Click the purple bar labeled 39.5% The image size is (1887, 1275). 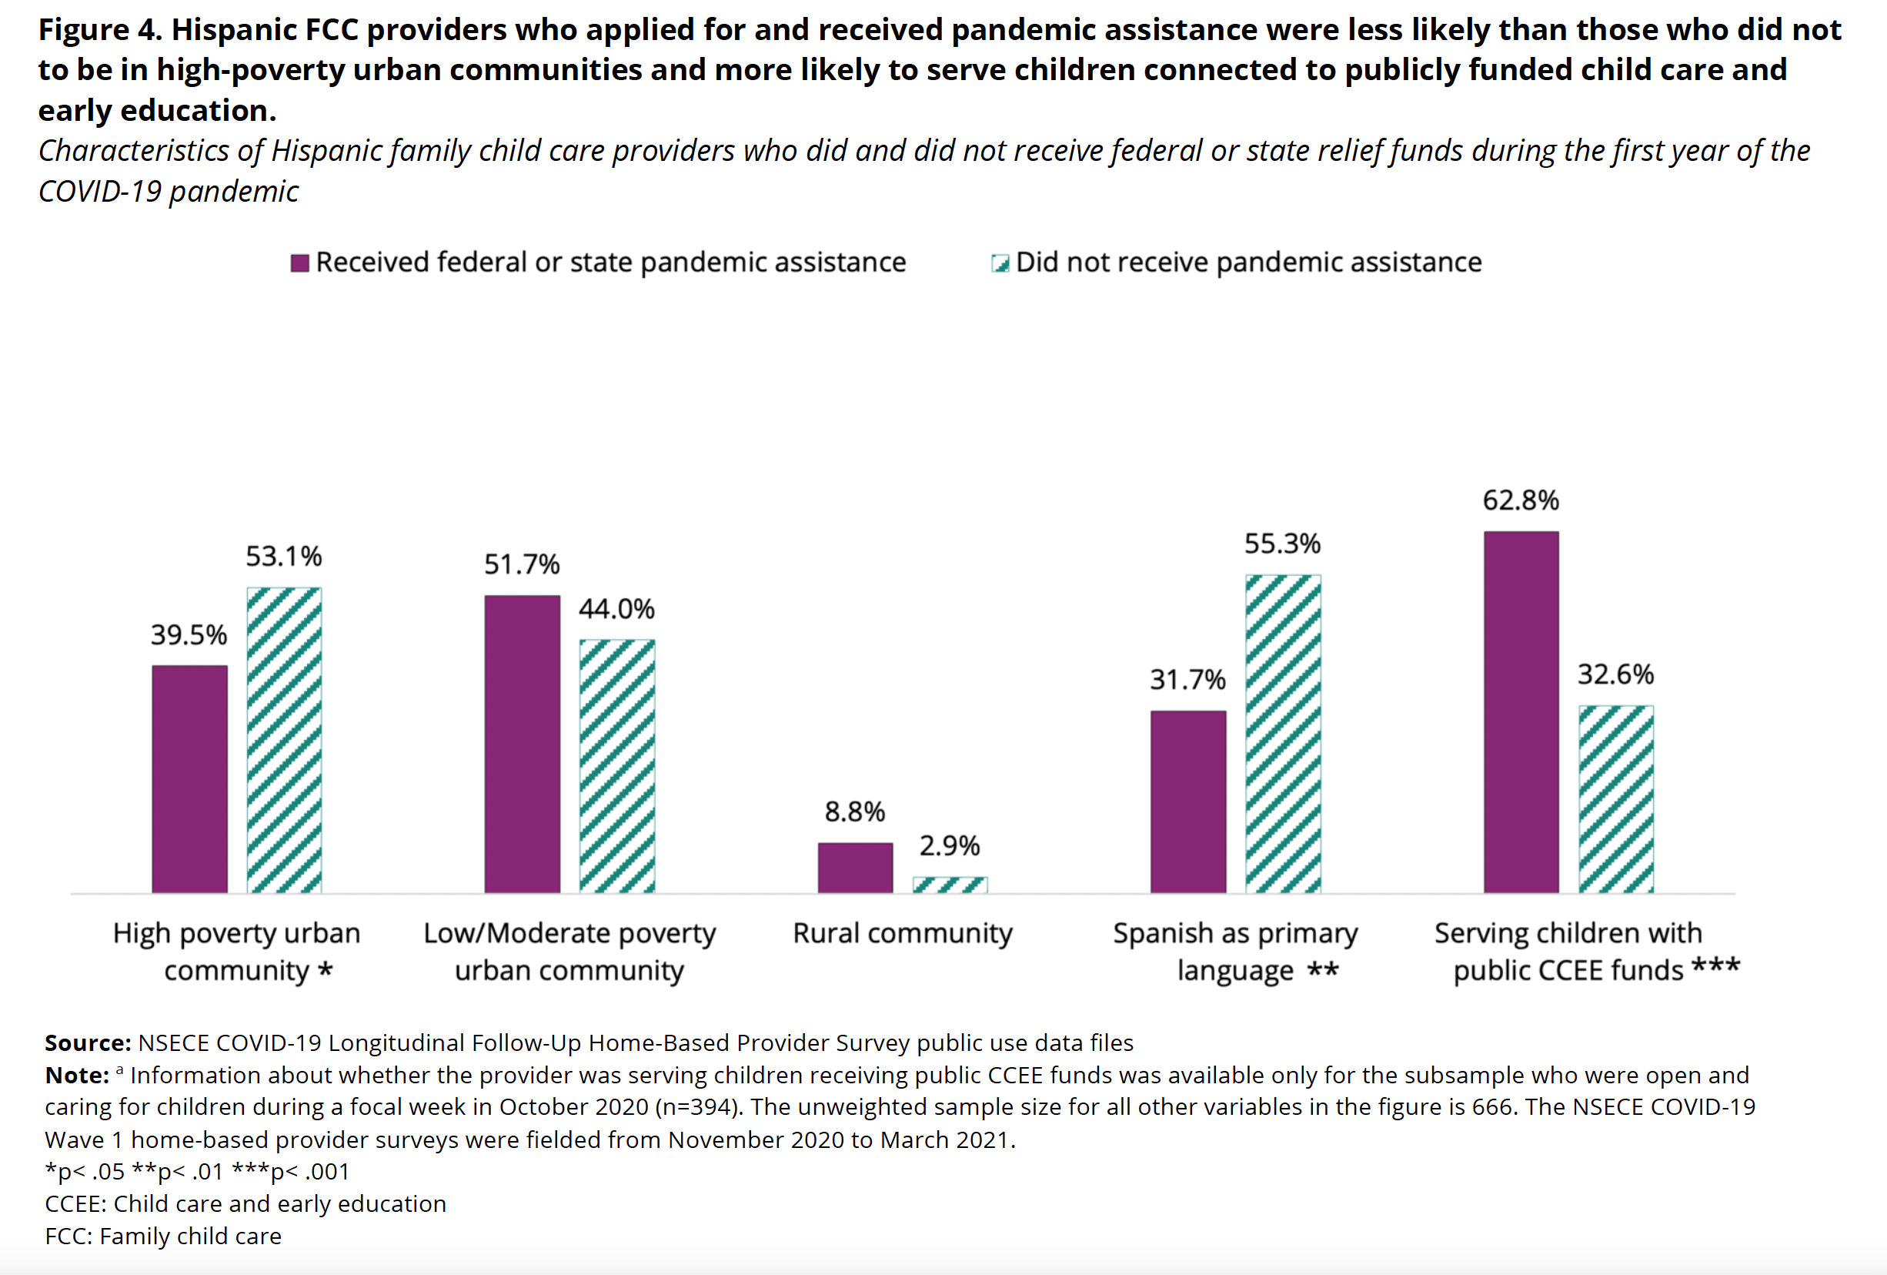189,779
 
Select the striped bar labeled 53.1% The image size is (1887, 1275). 284,740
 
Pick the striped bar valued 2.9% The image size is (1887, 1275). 950,885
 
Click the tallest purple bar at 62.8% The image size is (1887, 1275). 1521,712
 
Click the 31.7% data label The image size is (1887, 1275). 1187,680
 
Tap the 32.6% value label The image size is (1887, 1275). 1615,674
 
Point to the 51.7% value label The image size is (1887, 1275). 522,564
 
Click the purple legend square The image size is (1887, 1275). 299,263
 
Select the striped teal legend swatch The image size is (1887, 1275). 1000,263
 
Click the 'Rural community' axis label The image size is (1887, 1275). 902,933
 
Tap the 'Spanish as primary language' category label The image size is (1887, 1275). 1234,951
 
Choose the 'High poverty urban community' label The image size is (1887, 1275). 236,951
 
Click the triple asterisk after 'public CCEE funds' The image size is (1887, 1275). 1715,967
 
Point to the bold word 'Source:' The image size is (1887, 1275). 88,1042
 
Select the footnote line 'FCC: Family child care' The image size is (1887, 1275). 163,1236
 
